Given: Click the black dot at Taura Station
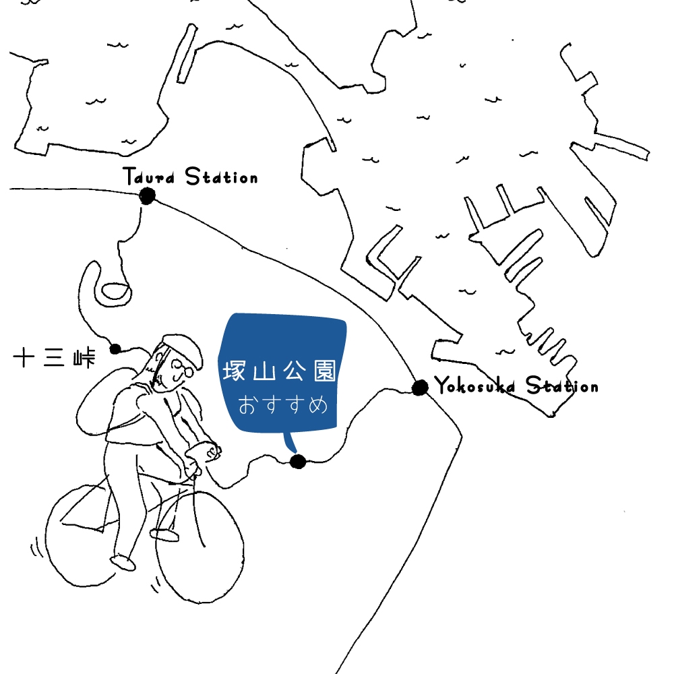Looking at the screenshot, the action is click(x=147, y=196).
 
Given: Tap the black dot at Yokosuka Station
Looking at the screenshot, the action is click(x=420, y=387).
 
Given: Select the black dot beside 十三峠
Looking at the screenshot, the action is click(x=115, y=349).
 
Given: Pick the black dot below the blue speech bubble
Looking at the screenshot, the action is click(x=298, y=462).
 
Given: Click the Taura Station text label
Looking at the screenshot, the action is click(x=191, y=176).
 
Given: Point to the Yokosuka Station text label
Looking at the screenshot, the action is click(x=516, y=385).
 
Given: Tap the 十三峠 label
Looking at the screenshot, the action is click(x=54, y=358).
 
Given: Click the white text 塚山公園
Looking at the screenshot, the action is click(x=279, y=371).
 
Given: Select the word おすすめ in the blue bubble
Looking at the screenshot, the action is click(x=283, y=404).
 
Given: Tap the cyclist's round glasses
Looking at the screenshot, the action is click(x=183, y=369).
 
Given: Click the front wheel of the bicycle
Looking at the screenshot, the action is click(x=200, y=547).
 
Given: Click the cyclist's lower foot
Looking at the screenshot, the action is click(x=123, y=563).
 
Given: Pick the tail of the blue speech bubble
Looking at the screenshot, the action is click(x=290, y=442).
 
